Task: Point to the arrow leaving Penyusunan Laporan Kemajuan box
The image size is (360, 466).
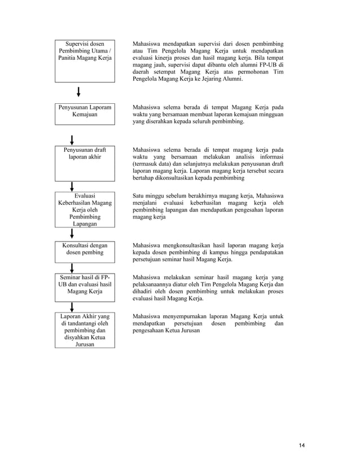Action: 72,139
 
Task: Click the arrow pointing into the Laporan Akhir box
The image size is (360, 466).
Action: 72,307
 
